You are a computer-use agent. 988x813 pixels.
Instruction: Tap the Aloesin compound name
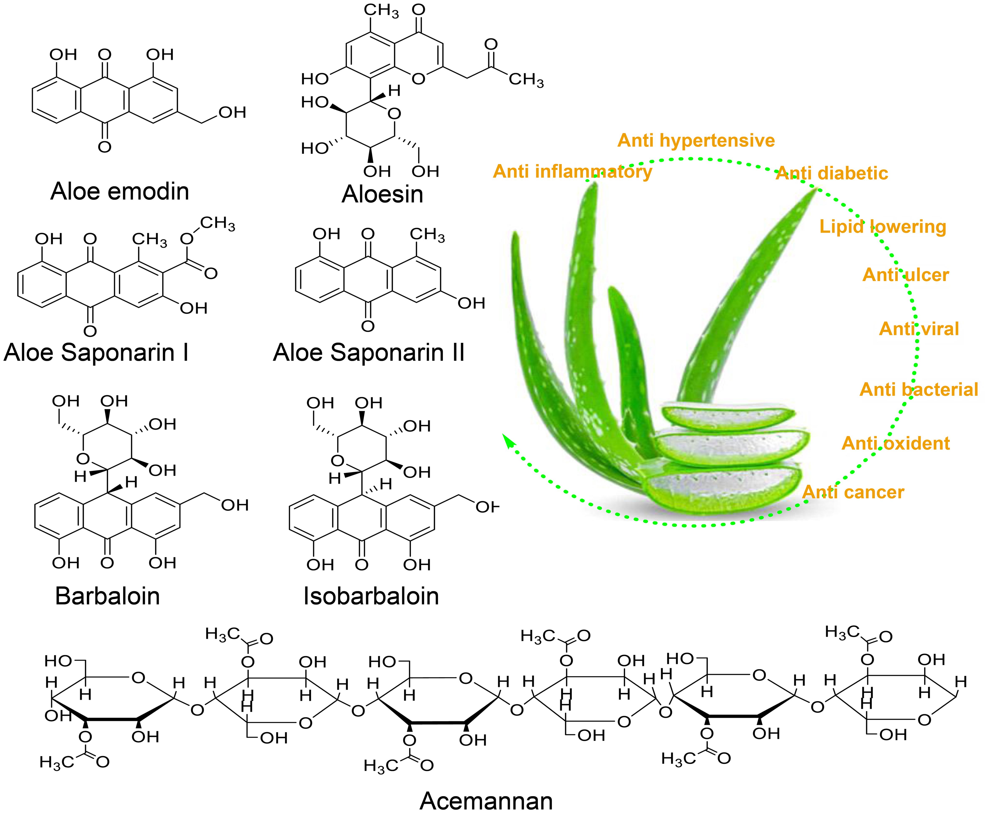382,194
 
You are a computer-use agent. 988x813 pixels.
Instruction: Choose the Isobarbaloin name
371,596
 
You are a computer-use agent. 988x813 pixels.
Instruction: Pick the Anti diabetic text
832,173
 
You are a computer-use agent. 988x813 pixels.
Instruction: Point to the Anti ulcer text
906,275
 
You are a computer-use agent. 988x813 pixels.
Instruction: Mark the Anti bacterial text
919,390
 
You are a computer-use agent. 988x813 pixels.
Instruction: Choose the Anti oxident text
896,443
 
